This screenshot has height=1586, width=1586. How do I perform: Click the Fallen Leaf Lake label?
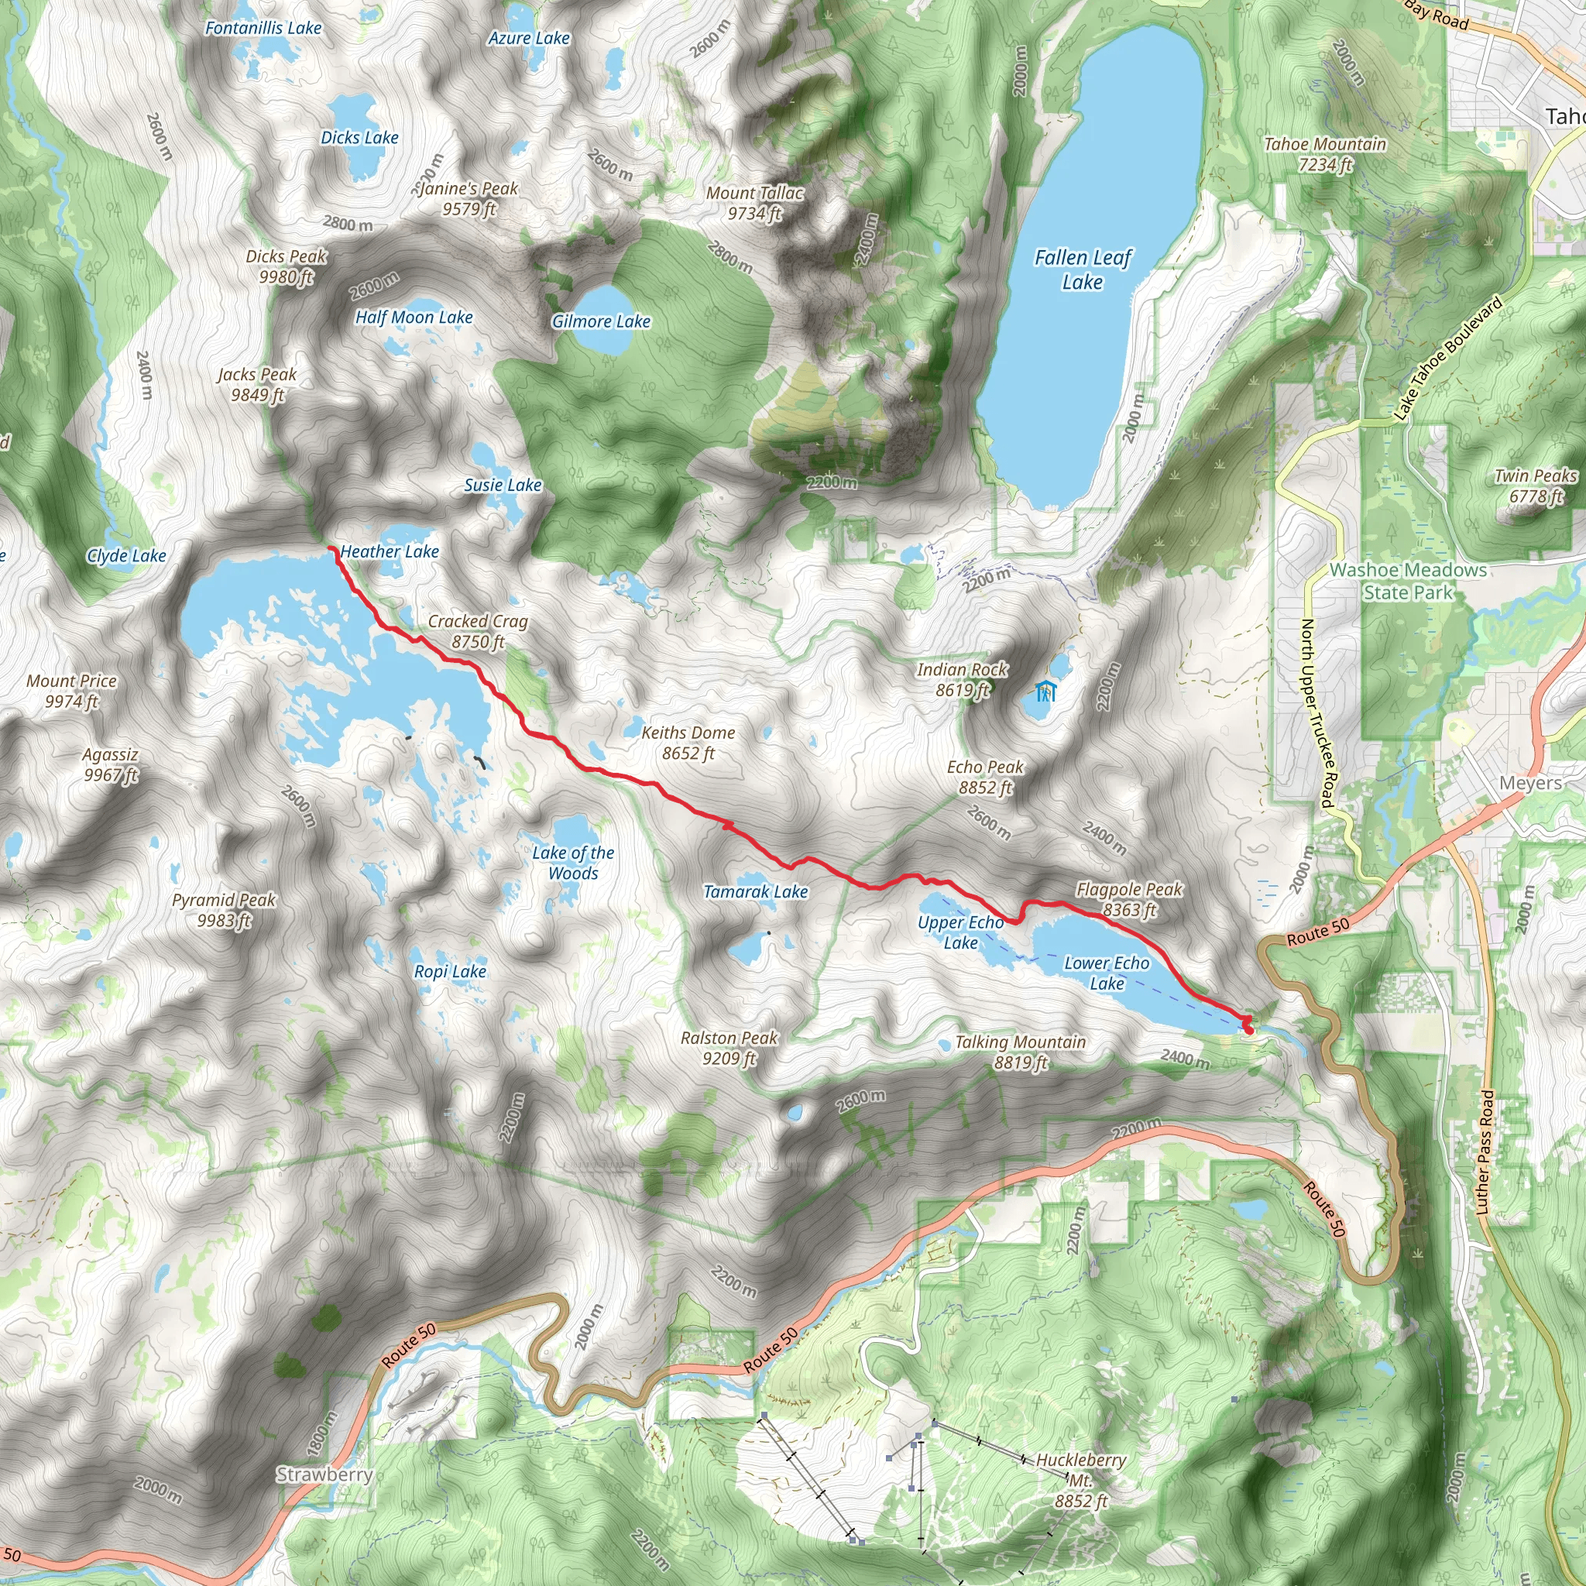point(1082,269)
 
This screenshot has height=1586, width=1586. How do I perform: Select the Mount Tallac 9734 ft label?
point(754,203)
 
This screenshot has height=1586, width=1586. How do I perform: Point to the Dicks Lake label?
point(359,137)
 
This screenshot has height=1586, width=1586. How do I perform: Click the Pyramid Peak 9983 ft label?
point(223,910)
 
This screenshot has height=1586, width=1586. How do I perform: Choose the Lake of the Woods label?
point(572,862)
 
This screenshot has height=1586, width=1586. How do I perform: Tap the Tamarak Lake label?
point(755,891)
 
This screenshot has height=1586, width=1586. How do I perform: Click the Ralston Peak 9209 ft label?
point(728,1048)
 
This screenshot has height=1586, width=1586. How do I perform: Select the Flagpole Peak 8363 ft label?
point(1129,899)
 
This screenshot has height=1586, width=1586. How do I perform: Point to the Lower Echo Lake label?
point(1106,972)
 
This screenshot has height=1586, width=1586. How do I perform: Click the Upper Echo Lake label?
point(960,932)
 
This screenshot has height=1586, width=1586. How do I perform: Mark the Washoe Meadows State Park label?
point(1407,580)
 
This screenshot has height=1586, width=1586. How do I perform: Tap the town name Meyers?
point(1530,782)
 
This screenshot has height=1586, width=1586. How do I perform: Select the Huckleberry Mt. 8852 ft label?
point(1080,1480)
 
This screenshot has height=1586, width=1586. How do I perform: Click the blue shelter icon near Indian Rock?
point(1044,692)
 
